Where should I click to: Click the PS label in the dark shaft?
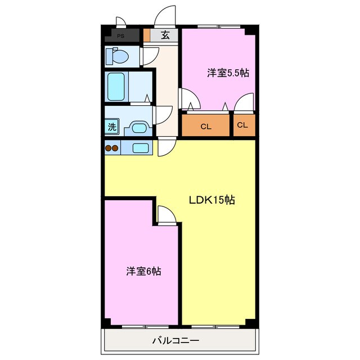point(121,36)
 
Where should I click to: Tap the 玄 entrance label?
point(165,35)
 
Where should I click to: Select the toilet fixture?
point(117,56)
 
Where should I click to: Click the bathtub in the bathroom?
point(116,87)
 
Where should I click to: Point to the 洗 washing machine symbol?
point(112,126)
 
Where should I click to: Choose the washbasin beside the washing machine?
point(138,128)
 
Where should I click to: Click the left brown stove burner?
point(109,148)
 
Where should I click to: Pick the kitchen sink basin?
point(140,148)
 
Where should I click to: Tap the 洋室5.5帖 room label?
point(228,73)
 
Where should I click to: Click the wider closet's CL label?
point(206,127)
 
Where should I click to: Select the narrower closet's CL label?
point(242,125)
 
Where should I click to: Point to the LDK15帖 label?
point(211,200)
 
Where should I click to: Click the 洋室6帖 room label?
point(143,271)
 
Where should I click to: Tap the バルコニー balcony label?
point(175,340)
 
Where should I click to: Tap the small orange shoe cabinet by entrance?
point(147,35)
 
